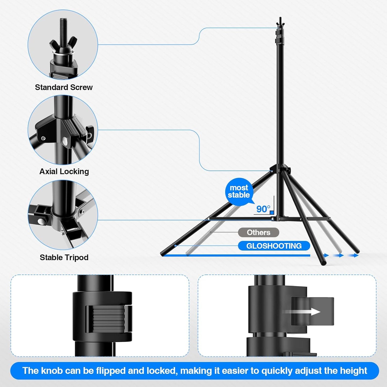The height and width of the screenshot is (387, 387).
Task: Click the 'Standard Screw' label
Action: point(64,87)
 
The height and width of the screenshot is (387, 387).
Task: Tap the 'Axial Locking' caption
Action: point(64,171)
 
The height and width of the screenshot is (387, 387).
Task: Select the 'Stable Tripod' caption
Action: point(64,257)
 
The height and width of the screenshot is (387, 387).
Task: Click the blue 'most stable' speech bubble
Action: point(239,191)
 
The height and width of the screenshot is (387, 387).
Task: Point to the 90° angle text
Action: point(263,209)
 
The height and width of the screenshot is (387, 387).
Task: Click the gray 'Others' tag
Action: point(258,232)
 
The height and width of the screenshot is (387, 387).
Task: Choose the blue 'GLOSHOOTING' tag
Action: point(274,246)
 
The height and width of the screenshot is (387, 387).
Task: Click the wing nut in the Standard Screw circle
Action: point(63,46)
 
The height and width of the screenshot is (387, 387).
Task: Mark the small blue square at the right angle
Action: point(272,213)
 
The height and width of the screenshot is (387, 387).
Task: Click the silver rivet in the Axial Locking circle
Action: point(65,141)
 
